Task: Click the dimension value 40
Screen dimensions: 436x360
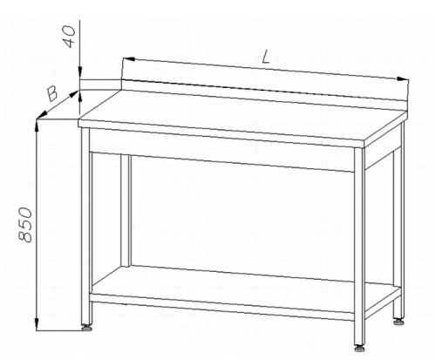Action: click(x=69, y=36)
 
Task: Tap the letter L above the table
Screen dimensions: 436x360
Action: click(x=266, y=57)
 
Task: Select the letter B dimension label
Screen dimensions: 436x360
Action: click(x=52, y=94)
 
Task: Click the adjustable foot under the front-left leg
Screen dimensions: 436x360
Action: click(x=86, y=329)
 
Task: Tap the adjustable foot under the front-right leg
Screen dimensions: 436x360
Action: click(x=359, y=348)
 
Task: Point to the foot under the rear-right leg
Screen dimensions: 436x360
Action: click(x=399, y=322)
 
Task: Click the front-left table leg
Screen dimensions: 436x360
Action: click(x=86, y=226)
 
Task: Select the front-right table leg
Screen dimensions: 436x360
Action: click(x=359, y=247)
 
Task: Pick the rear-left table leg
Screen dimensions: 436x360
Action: click(x=126, y=210)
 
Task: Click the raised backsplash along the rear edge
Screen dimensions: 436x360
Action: click(x=264, y=91)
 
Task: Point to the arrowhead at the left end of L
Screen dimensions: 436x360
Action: click(x=128, y=59)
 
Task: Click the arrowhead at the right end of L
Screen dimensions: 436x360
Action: click(x=403, y=78)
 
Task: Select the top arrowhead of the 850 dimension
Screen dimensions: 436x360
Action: click(x=37, y=126)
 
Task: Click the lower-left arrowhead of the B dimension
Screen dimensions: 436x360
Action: click(x=42, y=115)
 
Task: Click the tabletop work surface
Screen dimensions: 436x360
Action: click(x=242, y=116)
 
